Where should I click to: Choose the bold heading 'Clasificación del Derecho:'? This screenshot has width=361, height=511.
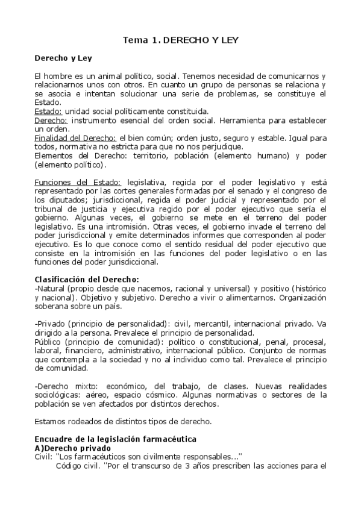(x=87, y=278)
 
